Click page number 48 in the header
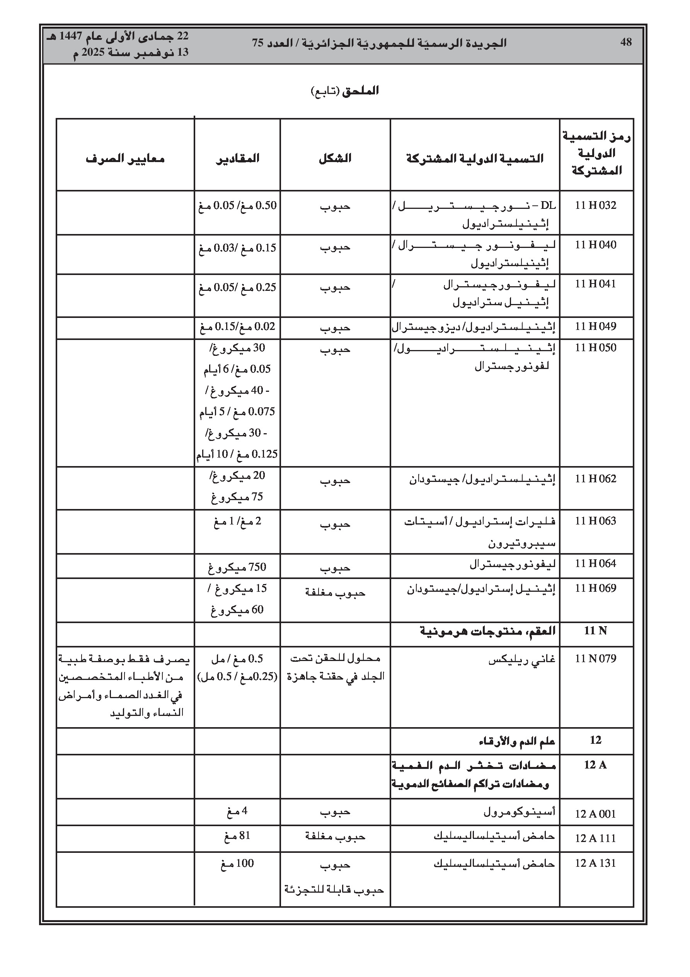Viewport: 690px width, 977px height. point(626,42)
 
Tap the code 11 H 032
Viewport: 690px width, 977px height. point(595,205)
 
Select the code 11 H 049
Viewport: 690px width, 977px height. point(595,326)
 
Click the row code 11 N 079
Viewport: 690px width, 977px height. point(595,659)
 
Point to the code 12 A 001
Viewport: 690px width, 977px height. point(595,814)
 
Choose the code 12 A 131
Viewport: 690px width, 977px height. point(595,863)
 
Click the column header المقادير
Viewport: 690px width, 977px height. point(237,158)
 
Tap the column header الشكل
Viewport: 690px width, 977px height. point(335,158)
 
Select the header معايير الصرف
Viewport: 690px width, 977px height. point(125,159)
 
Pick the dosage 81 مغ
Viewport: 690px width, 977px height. point(237,836)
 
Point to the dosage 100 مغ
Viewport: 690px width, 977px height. point(237,863)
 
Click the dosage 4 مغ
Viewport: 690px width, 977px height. point(237,811)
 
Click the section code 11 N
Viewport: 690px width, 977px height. point(595,630)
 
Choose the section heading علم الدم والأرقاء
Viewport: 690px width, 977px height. point(516,741)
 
